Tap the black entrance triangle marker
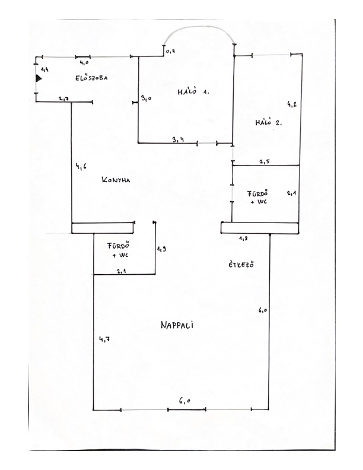click(39, 78)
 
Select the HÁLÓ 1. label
click(194, 93)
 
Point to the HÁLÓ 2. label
click(268, 123)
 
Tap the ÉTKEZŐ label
click(241, 265)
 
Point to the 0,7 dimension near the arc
click(170, 53)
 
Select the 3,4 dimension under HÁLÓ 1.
click(177, 139)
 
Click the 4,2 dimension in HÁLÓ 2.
click(291, 104)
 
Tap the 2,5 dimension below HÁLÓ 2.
click(265, 161)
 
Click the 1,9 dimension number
click(161, 250)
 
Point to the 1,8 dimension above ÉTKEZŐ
click(243, 238)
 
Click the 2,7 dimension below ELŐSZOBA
click(65, 99)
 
